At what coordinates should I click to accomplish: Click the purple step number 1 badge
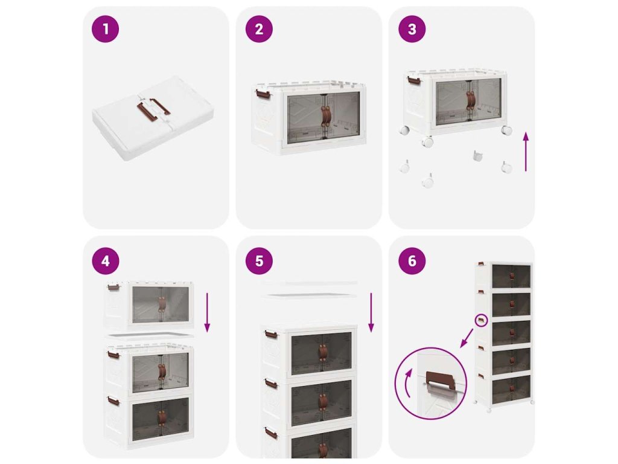[105, 29]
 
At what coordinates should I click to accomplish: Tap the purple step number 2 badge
[259, 29]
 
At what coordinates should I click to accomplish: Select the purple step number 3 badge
[412, 29]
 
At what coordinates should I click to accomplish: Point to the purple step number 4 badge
[105, 261]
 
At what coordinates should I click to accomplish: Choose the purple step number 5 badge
[259, 261]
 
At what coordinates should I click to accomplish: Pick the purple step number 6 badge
[412, 261]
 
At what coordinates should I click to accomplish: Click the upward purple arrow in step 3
[526, 152]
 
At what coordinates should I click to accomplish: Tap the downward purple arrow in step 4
[208, 312]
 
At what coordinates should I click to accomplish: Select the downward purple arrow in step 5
[371, 312]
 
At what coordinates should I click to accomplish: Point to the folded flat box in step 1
[153, 118]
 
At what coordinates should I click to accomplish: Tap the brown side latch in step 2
[263, 94]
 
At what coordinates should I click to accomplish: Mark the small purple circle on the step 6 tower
[481, 320]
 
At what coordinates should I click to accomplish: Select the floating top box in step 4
[149, 304]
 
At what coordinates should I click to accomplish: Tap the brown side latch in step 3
[414, 80]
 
